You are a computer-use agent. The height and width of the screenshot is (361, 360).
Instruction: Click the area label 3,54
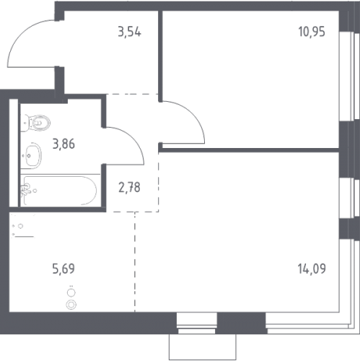pos(129,32)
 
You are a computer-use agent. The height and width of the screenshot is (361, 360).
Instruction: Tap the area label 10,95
pos(312,32)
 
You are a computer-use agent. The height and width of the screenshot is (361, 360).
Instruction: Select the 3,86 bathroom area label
pos(63,144)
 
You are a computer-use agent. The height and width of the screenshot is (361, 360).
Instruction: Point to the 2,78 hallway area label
pos(129,188)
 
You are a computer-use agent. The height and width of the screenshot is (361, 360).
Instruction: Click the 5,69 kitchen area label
pos(63,269)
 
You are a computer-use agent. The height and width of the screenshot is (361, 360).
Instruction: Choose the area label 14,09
pos(312,269)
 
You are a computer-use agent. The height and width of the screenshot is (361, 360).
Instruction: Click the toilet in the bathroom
pos(35,123)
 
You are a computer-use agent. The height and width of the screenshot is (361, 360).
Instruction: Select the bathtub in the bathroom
pos(60,191)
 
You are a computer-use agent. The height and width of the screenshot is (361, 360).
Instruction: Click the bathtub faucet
pos(25,189)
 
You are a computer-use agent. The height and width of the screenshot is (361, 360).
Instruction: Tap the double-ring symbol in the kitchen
pos(71,305)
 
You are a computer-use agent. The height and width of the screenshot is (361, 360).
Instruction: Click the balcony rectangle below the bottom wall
pos(203,347)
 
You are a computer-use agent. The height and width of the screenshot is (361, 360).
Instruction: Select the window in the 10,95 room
pos(347,76)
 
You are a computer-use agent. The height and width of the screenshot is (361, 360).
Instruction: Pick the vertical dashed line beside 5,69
pos(135,262)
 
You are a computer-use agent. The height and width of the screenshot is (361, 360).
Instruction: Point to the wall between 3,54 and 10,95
pos(160,56)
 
